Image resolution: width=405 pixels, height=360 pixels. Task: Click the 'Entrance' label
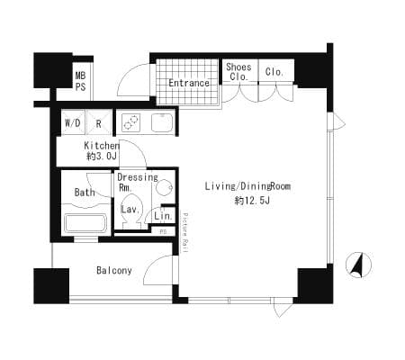[x=189, y=83]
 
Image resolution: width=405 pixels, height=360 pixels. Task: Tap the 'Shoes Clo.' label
[x=238, y=72]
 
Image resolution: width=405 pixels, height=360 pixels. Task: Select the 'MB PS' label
[x=80, y=81]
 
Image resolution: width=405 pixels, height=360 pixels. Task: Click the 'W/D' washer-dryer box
[x=73, y=122]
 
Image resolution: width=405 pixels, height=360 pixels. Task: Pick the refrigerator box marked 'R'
[x=98, y=122]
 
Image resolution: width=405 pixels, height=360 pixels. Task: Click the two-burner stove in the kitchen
[x=131, y=122]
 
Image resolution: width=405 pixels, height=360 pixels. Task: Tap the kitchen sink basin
[x=162, y=122]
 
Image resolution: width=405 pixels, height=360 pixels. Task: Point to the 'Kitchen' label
[x=102, y=146]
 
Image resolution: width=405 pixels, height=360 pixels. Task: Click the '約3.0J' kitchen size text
[x=102, y=157]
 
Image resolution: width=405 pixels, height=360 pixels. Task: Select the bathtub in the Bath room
[x=85, y=222]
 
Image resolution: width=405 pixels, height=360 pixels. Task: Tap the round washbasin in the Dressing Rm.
[x=165, y=188]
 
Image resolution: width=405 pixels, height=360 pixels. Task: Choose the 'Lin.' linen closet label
[x=164, y=216]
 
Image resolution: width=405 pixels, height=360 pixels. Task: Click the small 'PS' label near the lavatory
[x=163, y=231]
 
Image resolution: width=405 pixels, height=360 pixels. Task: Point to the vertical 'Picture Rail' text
[x=185, y=233]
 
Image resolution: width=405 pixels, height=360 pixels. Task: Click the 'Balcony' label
[x=114, y=271]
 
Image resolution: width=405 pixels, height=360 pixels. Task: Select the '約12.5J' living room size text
[x=252, y=201]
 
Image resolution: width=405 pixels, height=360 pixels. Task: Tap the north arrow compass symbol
[x=359, y=265]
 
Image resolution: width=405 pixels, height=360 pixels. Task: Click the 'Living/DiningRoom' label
[x=247, y=186]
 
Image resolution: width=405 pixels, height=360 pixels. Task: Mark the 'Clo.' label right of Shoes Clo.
[x=274, y=72]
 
